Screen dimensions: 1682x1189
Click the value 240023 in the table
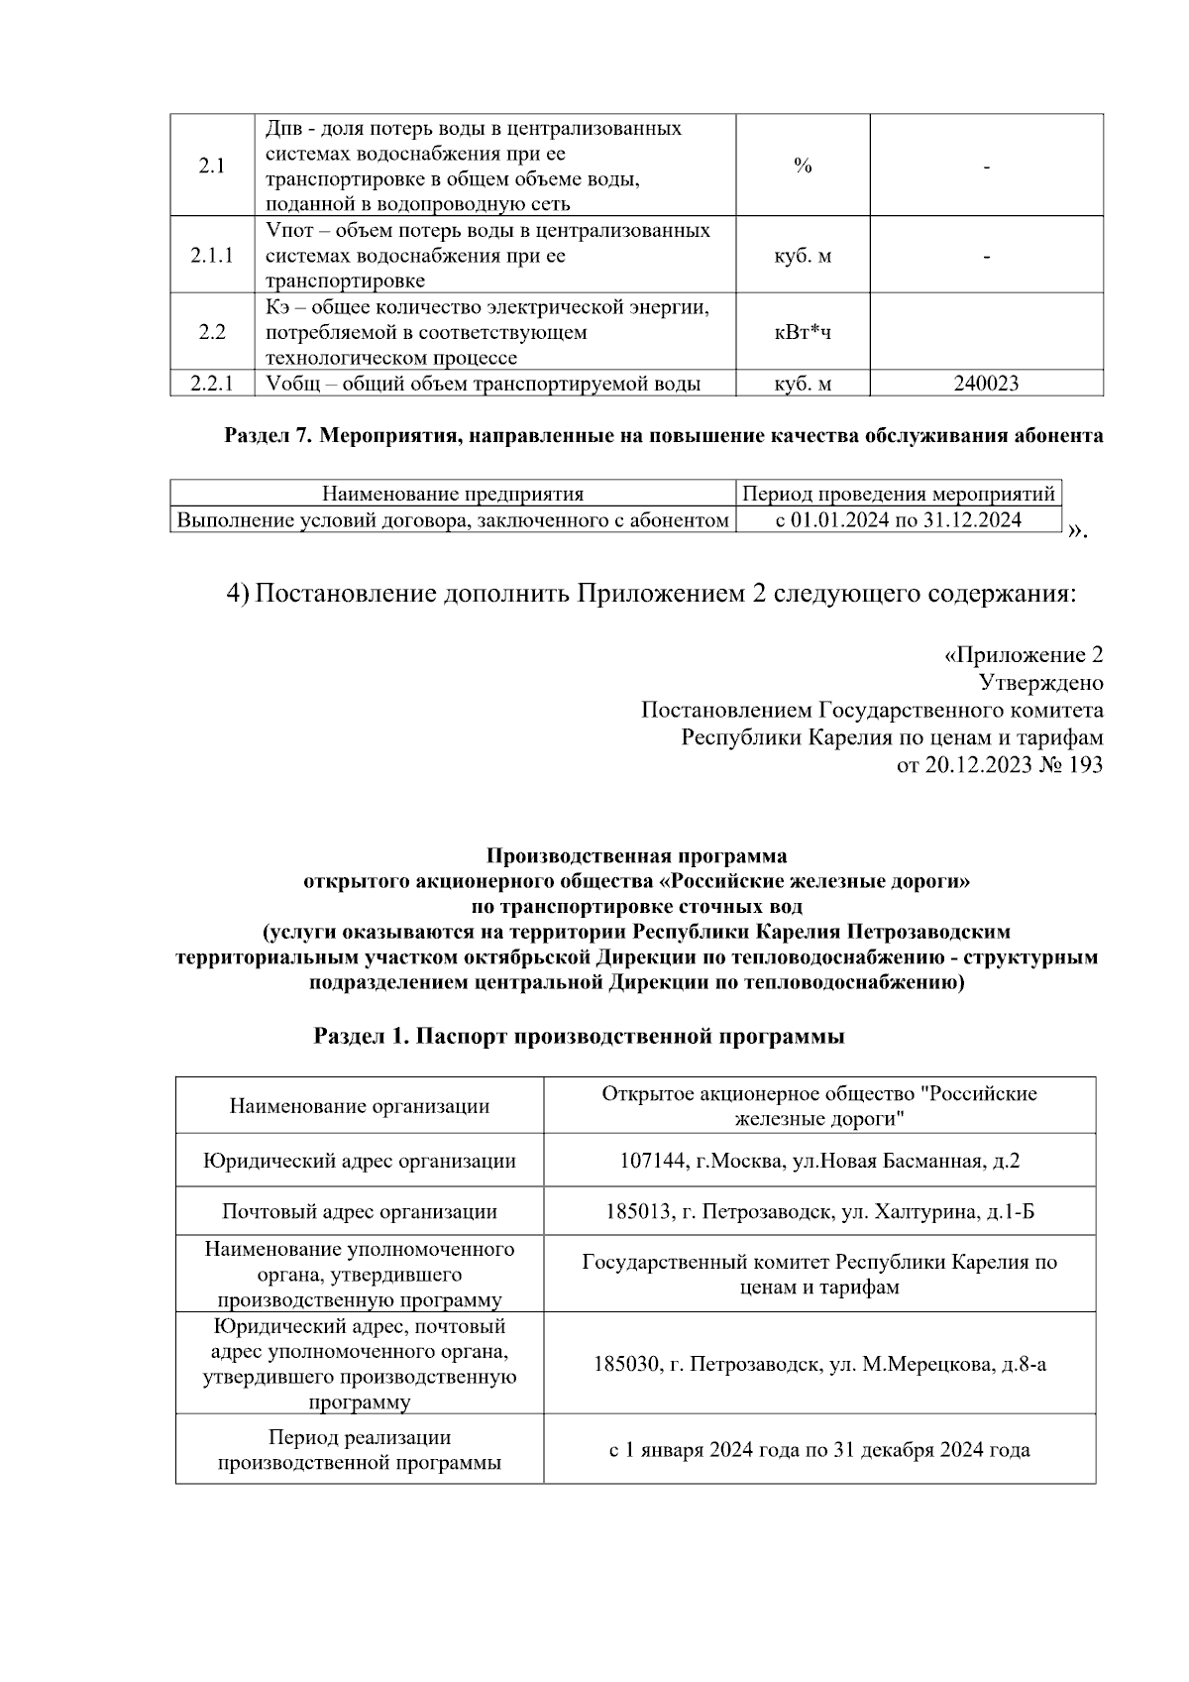pos(986,384)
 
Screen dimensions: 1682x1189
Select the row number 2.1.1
pos(212,256)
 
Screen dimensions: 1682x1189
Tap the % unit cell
pos(803,167)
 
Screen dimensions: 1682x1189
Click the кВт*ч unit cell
pos(803,332)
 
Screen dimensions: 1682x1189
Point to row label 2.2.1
pos(212,384)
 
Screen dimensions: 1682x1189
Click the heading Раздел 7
pos(268,436)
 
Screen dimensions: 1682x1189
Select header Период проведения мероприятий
pos(899,494)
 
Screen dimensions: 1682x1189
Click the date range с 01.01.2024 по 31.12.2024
pos(899,519)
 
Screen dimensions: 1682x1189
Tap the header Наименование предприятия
pos(453,494)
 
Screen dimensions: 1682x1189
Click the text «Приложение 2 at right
pos(1023,655)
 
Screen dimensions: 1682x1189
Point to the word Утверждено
pos(1040,683)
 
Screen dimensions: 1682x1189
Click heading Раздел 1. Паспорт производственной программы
pos(580,1037)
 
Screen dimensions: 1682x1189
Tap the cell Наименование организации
pos(360,1106)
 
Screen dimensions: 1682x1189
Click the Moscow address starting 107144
pos(819,1161)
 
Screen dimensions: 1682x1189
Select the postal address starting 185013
pos(819,1211)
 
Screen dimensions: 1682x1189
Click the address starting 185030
pos(819,1365)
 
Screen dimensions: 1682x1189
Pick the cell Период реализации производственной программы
pos(360,1450)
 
